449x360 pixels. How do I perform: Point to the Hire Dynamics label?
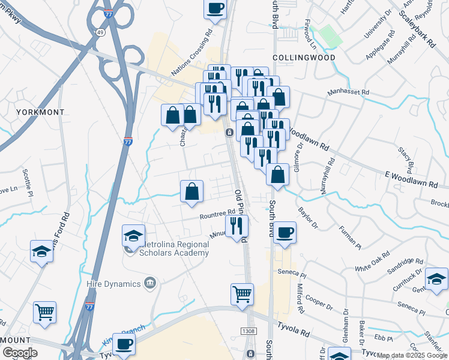118,283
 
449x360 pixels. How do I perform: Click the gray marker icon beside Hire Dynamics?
151,282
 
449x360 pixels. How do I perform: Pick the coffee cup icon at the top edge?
215,9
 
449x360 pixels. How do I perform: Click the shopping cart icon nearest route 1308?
242,295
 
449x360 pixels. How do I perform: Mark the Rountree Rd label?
218,214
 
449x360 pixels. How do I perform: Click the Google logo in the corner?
19,353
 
